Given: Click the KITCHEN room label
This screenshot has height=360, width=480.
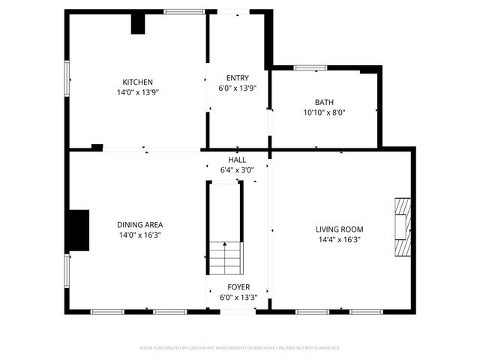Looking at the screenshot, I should pyautogui.click(x=138, y=82).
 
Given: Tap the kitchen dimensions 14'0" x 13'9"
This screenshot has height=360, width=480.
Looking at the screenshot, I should pyautogui.click(x=138, y=92).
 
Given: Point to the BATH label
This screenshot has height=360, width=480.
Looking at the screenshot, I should pyautogui.click(x=324, y=102).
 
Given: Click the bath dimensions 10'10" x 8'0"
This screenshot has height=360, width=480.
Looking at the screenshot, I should pyautogui.click(x=324, y=112).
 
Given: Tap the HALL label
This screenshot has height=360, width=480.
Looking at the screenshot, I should pyautogui.click(x=237, y=160).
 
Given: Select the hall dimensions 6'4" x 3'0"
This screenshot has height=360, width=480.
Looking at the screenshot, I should pyautogui.click(x=237, y=170).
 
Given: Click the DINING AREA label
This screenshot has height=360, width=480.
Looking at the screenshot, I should pyautogui.click(x=139, y=224).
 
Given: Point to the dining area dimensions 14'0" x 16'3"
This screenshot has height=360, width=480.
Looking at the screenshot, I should pyautogui.click(x=139, y=235).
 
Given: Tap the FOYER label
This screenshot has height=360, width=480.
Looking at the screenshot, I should pyautogui.click(x=238, y=287).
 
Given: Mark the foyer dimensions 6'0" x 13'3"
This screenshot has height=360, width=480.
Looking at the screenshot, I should pyautogui.click(x=238, y=297).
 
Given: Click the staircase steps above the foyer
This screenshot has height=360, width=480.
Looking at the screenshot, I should pyautogui.click(x=225, y=258).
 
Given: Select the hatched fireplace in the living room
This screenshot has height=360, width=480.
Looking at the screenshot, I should pyautogui.click(x=403, y=227).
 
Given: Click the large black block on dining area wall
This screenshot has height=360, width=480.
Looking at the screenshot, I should pyautogui.click(x=78, y=230).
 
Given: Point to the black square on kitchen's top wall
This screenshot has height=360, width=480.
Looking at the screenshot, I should pyautogui.click(x=138, y=23).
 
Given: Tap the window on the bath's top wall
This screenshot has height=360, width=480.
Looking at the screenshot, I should pyautogui.click(x=310, y=68).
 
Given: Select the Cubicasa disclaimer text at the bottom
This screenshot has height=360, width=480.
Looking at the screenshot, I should pyautogui.click(x=240, y=348).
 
